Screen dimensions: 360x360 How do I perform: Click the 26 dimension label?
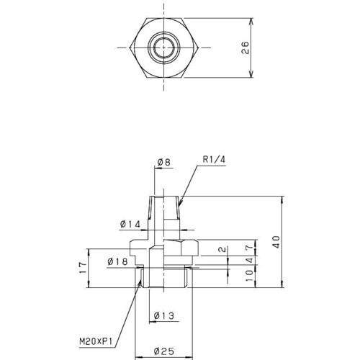246,48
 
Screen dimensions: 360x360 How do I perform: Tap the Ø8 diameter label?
164,162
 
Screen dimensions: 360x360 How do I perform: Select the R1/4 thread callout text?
214,159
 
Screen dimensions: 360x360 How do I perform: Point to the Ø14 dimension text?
130,225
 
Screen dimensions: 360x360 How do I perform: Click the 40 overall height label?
276,242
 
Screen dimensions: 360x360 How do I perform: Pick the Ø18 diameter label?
117,261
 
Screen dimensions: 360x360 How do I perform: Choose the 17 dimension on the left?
83,268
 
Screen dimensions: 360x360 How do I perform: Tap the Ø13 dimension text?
164,315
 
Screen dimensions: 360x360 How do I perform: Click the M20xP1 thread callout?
96,341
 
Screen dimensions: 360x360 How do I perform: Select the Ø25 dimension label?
164,351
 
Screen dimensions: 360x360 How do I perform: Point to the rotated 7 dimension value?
249,247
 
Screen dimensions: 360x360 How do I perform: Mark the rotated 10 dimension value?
249,276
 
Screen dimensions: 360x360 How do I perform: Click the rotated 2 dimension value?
223,249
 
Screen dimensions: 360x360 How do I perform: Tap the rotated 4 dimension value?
249,260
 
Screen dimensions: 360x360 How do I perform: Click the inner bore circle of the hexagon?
163,48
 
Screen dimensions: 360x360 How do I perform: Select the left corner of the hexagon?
130,48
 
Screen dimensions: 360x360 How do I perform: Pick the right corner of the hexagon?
198,48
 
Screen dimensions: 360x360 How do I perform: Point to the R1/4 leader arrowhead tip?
179,207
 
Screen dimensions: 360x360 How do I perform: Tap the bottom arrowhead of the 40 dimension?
282,287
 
